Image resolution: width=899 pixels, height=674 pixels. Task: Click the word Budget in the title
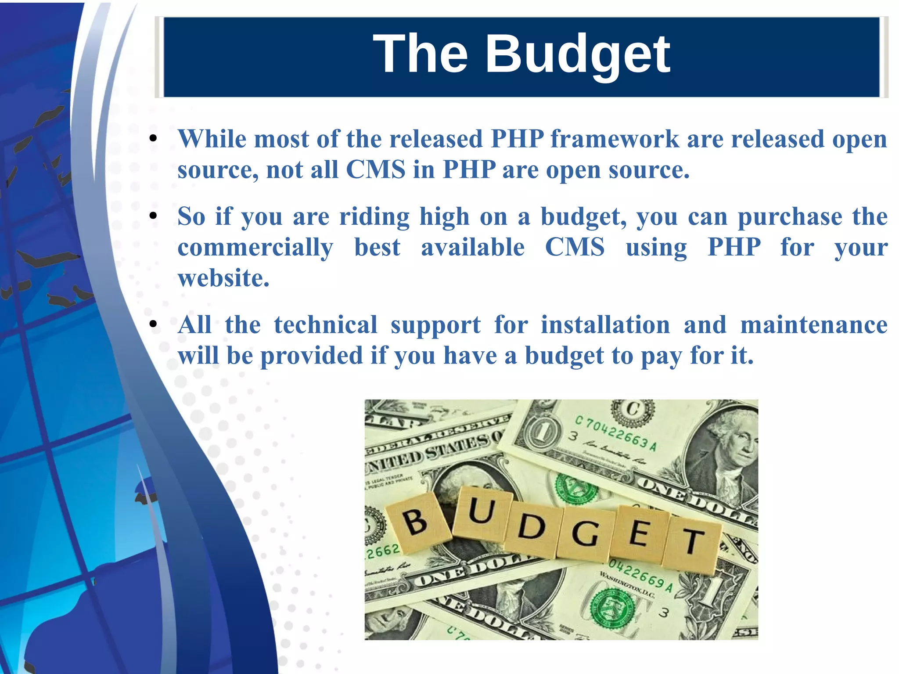[x=577, y=54]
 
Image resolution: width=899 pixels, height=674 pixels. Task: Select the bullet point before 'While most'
[x=153, y=139]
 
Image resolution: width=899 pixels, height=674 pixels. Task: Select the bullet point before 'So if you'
[x=153, y=216]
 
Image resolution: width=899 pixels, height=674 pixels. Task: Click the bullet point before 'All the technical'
[x=153, y=324]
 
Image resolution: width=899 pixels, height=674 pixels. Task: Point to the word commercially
[x=255, y=247]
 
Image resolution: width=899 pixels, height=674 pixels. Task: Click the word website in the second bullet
[x=223, y=278]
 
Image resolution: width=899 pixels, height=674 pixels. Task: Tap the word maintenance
[x=813, y=325]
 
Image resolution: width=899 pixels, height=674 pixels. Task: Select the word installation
[x=605, y=325]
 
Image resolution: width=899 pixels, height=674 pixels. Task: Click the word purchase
[x=789, y=216]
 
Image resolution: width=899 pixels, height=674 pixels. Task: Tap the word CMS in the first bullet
[x=375, y=169]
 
